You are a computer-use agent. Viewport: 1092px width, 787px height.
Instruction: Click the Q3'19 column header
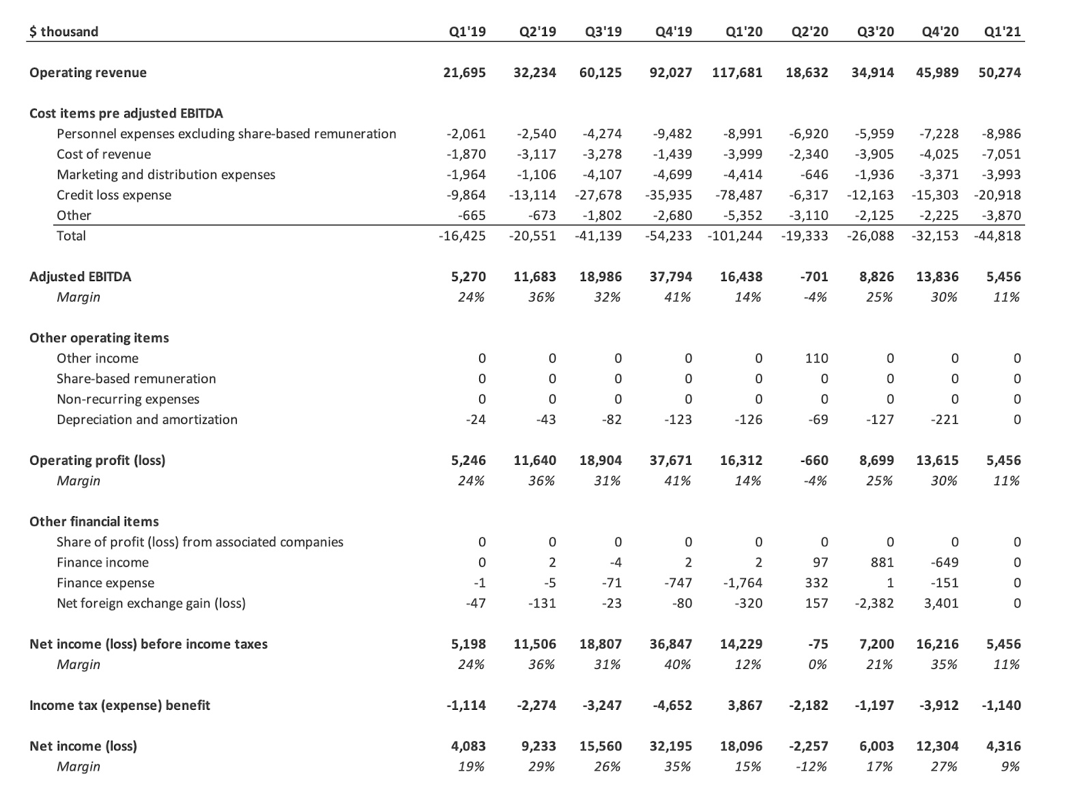coord(603,31)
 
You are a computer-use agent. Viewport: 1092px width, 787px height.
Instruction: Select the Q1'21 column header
coord(1003,31)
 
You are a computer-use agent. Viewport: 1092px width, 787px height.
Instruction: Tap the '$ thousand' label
coord(63,31)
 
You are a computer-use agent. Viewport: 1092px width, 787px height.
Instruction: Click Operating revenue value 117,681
coord(737,72)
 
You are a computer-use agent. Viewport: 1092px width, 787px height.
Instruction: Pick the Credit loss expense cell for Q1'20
coord(739,195)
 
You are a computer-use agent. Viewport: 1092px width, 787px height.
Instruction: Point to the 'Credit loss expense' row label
coord(114,195)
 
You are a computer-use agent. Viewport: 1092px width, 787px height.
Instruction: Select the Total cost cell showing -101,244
coord(735,235)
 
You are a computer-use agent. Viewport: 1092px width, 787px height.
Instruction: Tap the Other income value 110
coord(816,358)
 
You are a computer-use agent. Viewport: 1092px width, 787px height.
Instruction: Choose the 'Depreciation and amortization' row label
coord(147,419)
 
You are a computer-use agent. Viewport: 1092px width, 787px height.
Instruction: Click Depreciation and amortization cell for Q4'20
coord(945,419)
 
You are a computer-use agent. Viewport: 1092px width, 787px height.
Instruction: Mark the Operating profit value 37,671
coord(670,460)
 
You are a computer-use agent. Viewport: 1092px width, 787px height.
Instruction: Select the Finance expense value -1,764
coord(743,583)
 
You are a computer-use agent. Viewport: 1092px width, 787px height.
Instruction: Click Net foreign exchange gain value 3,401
coord(941,603)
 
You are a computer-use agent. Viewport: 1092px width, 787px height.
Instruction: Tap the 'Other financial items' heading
coord(94,521)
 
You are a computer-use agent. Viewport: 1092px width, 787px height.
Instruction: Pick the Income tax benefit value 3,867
coord(745,705)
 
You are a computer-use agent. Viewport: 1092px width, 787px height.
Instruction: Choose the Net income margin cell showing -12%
coord(812,767)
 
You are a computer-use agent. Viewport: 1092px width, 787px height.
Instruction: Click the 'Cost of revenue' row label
coord(104,154)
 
